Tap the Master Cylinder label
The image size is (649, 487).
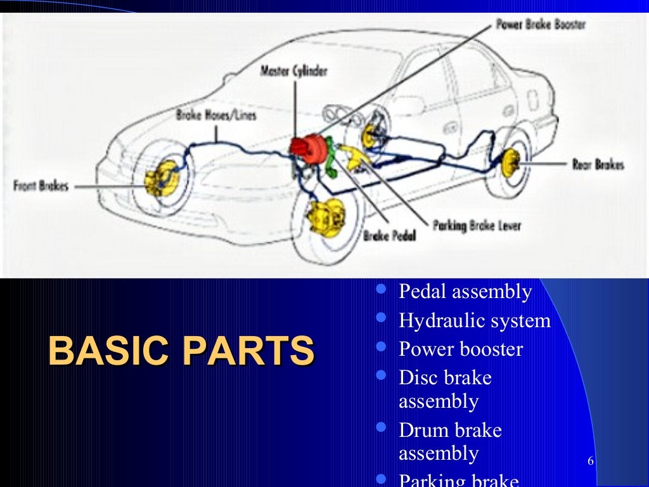click(294, 70)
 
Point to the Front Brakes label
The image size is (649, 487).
click(41, 186)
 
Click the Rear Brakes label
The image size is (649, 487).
click(598, 164)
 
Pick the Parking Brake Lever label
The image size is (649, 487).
click(477, 225)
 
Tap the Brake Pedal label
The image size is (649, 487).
click(389, 236)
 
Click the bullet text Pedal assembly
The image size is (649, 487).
click(465, 292)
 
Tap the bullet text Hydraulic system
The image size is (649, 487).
click(475, 320)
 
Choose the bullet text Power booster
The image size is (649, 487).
click(461, 349)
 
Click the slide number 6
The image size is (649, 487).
click(591, 461)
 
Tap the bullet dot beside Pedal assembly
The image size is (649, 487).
click(381, 290)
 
